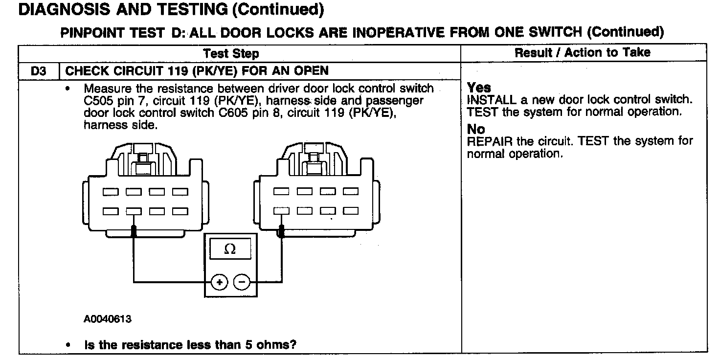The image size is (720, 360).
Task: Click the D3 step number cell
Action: [x=39, y=71]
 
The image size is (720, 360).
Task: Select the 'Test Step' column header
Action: [x=231, y=53]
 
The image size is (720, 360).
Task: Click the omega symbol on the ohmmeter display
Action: [x=229, y=249]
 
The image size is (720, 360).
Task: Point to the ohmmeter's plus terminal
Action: [x=220, y=282]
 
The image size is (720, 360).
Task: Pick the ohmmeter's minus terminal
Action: [x=241, y=282]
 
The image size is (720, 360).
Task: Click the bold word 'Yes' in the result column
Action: [x=479, y=88]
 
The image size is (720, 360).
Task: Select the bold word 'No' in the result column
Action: [x=476, y=130]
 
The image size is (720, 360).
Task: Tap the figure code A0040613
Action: [x=107, y=319]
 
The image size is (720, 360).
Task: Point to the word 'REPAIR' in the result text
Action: [x=490, y=142]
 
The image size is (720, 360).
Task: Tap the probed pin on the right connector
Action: [x=281, y=211]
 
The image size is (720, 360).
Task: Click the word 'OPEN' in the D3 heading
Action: [x=311, y=71]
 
